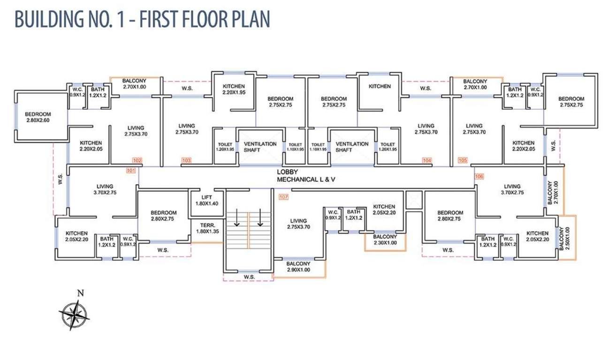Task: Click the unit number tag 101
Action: (x=130, y=170)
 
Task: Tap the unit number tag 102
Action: (x=137, y=160)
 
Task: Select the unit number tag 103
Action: (x=186, y=161)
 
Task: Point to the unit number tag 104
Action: (x=426, y=161)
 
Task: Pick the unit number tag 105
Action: (x=463, y=161)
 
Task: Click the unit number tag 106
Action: (x=479, y=177)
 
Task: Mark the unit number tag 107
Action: (x=283, y=196)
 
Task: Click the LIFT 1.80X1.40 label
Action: (x=207, y=200)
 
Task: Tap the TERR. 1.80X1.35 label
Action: (x=206, y=228)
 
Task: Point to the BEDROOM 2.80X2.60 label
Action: (x=38, y=117)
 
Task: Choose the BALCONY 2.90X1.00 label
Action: (x=299, y=266)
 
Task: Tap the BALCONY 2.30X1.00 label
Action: (x=385, y=240)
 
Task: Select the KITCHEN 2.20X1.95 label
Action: (x=234, y=89)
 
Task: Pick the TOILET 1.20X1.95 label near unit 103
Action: (x=225, y=147)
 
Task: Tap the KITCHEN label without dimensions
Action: (x=380, y=86)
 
